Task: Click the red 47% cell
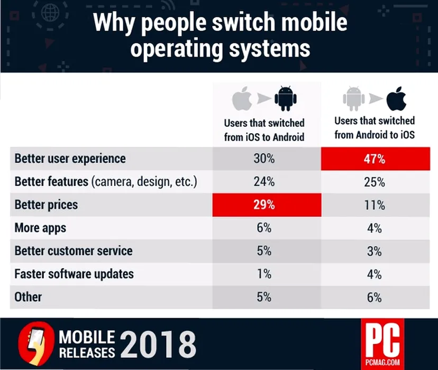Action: (x=374, y=159)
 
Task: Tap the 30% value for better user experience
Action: (x=264, y=159)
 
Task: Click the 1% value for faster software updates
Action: (x=264, y=274)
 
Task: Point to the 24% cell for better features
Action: (x=264, y=182)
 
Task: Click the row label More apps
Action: (x=40, y=228)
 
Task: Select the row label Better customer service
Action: (x=73, y=251)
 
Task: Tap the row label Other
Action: (x=28, y=297)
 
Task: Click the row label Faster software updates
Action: (x=74, y=274)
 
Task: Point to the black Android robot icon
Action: (x=285, y=98)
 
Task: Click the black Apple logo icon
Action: (x=396, y=98)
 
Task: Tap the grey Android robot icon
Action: (x=353, y=98)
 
